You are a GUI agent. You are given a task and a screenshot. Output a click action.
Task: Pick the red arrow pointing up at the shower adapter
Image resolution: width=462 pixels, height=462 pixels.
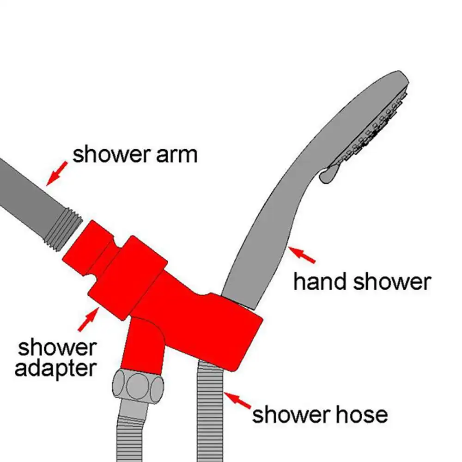tap(88, 319)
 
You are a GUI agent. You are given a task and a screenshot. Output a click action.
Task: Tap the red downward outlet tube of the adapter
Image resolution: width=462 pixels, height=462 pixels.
tap(143, 342)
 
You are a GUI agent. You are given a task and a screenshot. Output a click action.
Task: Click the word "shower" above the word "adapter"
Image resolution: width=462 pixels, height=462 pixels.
tap(56, 348)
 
